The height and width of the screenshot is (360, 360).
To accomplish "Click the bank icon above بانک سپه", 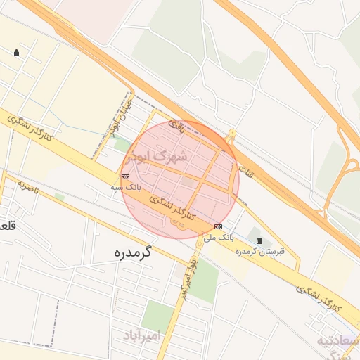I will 125,176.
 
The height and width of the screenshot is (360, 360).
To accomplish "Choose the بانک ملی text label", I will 219,238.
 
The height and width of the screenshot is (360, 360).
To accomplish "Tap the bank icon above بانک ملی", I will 218,226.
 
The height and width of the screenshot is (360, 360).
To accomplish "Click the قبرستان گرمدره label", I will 260,251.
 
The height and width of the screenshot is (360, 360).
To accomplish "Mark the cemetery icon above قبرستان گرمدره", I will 260,240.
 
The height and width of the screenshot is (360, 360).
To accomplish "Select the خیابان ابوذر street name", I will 117,120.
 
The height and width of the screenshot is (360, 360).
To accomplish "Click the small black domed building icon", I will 17,52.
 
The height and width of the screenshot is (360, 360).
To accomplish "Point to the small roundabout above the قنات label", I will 232,132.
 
